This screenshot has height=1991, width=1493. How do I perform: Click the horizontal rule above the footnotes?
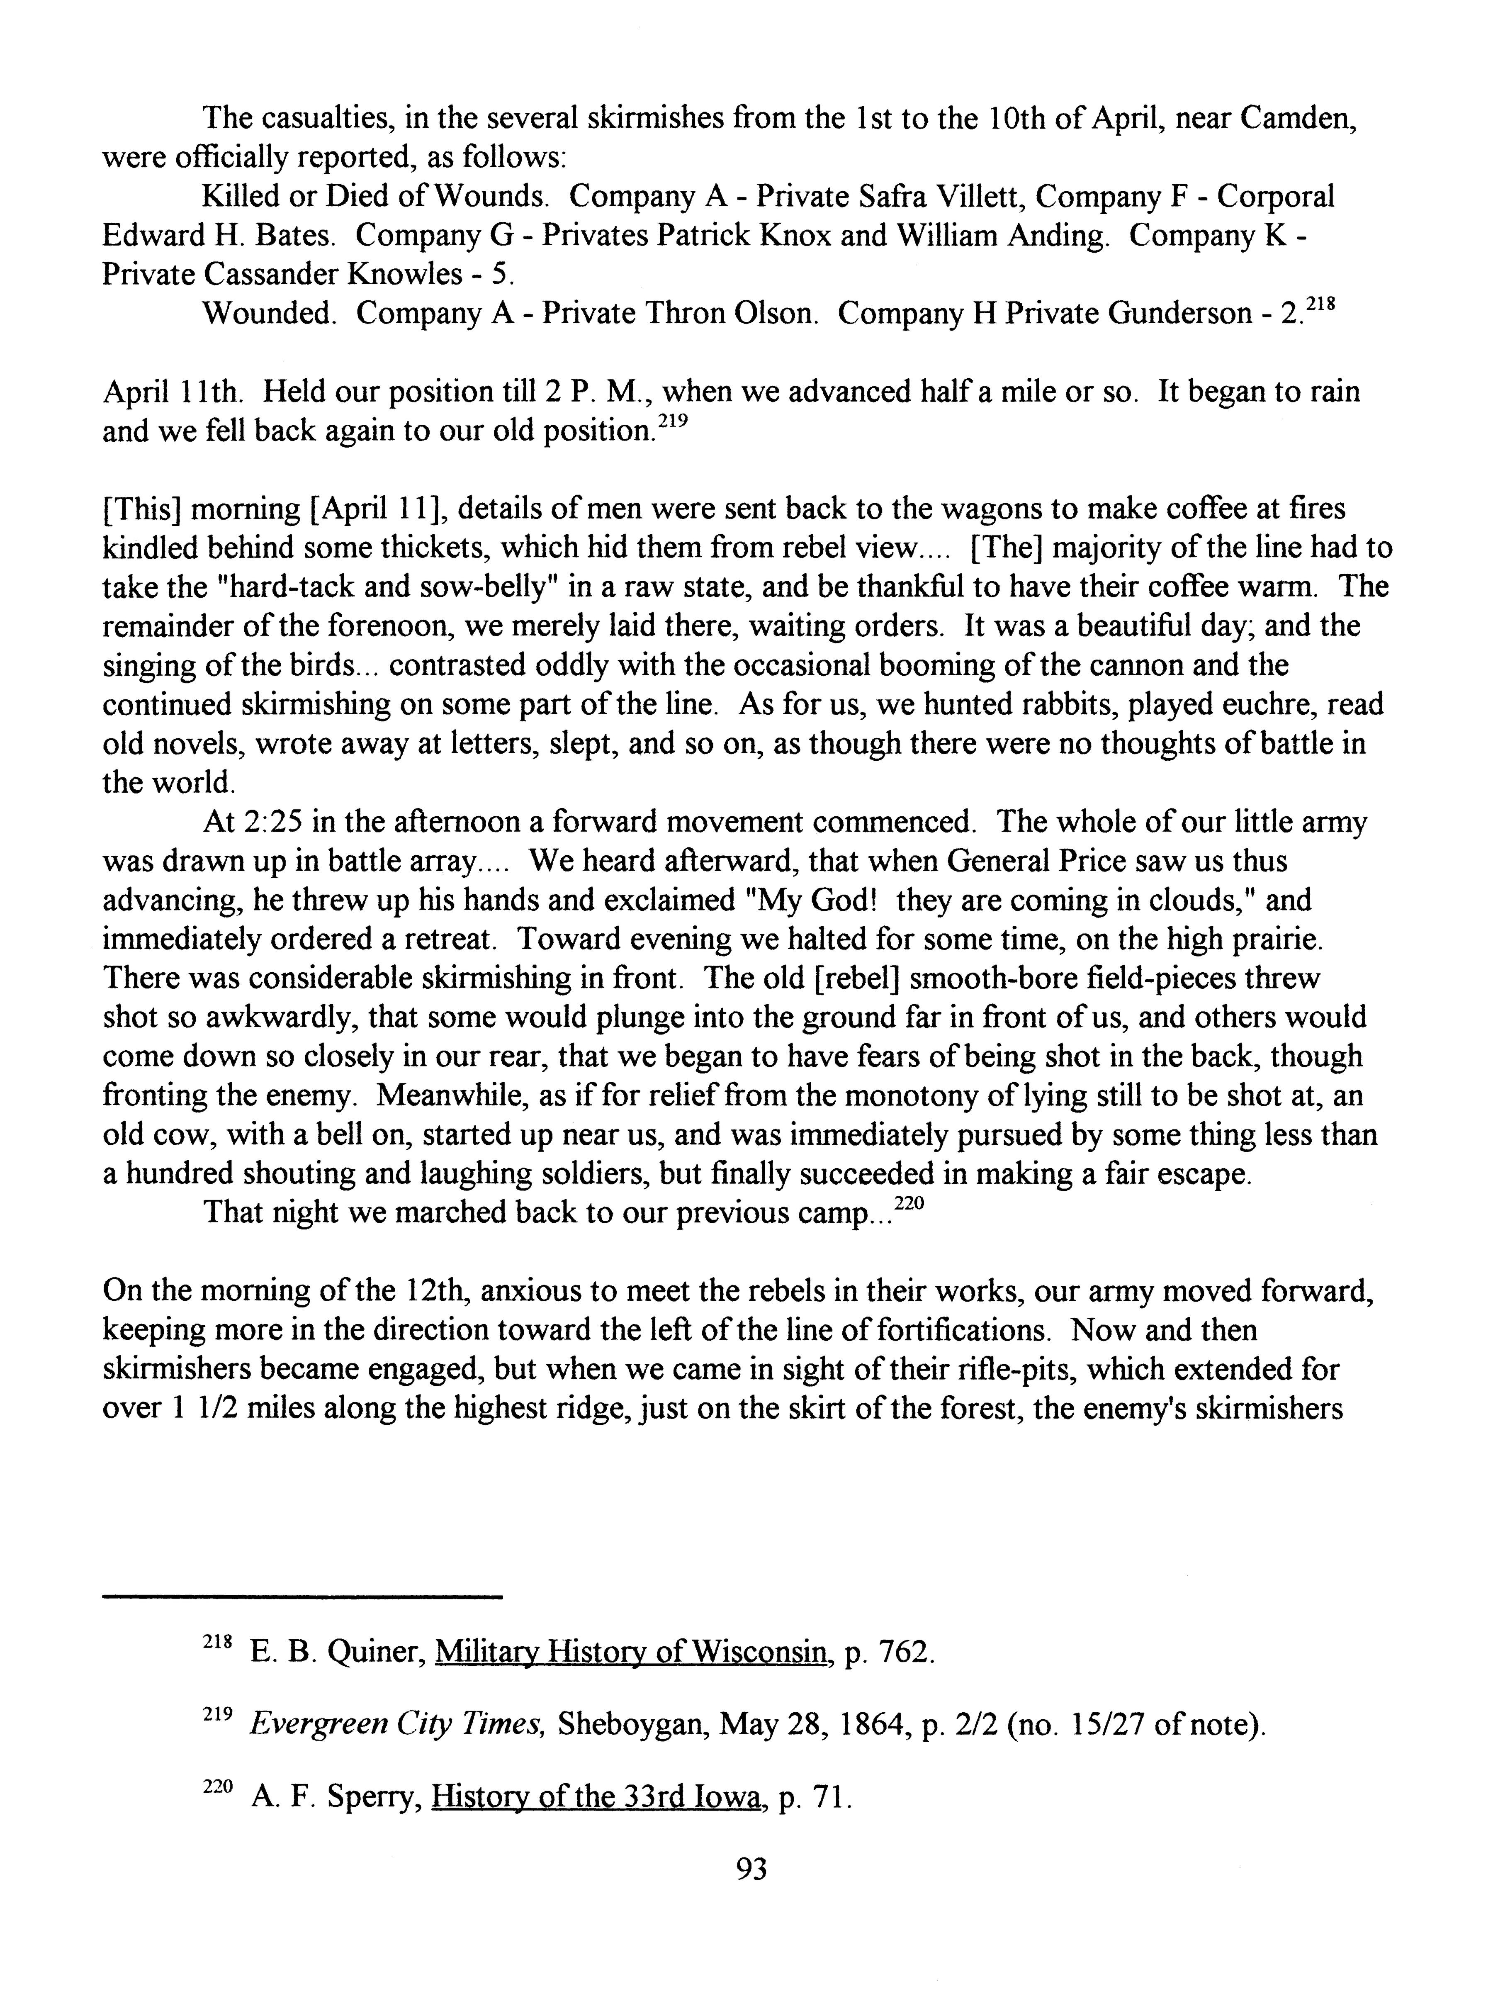pos(302,1598)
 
